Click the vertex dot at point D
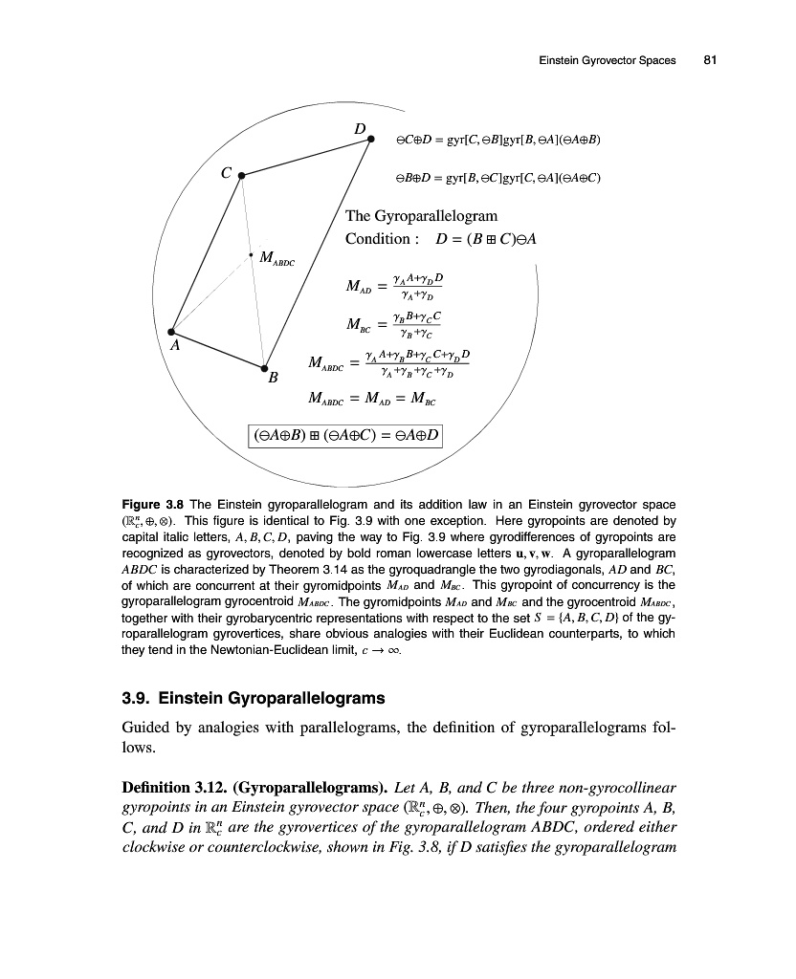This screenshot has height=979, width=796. tap(371, 140)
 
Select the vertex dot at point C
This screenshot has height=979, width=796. tap(241, 176)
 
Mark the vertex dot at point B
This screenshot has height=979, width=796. tap(263, 367)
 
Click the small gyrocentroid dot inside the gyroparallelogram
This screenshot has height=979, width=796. tap(251, 254)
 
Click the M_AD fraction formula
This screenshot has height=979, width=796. tap(387, 282)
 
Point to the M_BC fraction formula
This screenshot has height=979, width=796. tap(387, 325)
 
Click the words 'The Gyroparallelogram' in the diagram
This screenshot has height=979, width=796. tap(421, 216)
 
